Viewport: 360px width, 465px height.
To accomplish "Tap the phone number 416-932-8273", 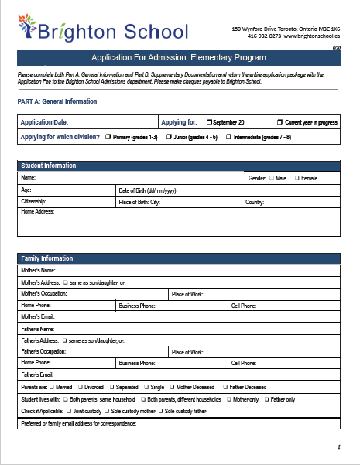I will pos(265,36).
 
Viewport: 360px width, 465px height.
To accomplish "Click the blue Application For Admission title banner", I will pos(179,58).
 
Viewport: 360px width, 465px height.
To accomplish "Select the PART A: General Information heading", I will pos(57,101).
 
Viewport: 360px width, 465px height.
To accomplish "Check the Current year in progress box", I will pos(280,122).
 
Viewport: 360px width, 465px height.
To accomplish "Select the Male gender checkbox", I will pos(272,178).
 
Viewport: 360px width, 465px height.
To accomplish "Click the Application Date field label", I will pos(44,122).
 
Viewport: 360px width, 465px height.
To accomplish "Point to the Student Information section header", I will pos(49,166).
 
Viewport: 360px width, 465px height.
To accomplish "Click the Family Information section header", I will pos(47,258).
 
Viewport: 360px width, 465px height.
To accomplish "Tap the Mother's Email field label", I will pos(38,316).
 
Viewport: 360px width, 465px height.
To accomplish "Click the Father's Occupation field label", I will pos(44,351).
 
